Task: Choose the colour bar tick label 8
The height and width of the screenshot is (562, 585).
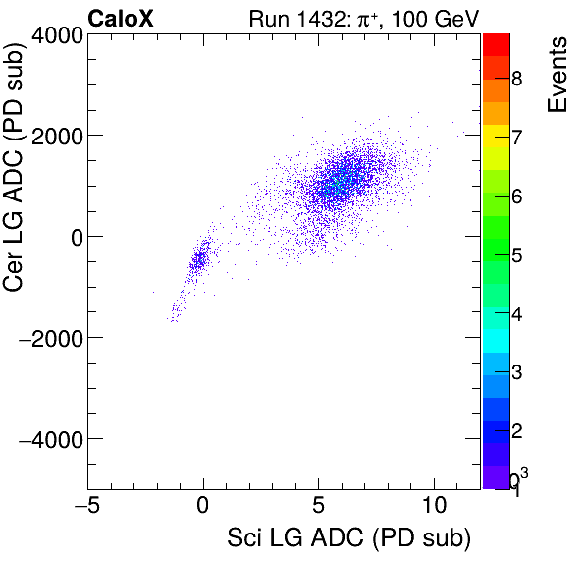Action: tap(516, 79)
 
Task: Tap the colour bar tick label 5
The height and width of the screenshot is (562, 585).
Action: tap(516, 256)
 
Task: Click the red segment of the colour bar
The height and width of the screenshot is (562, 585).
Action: tap(497, 44)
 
